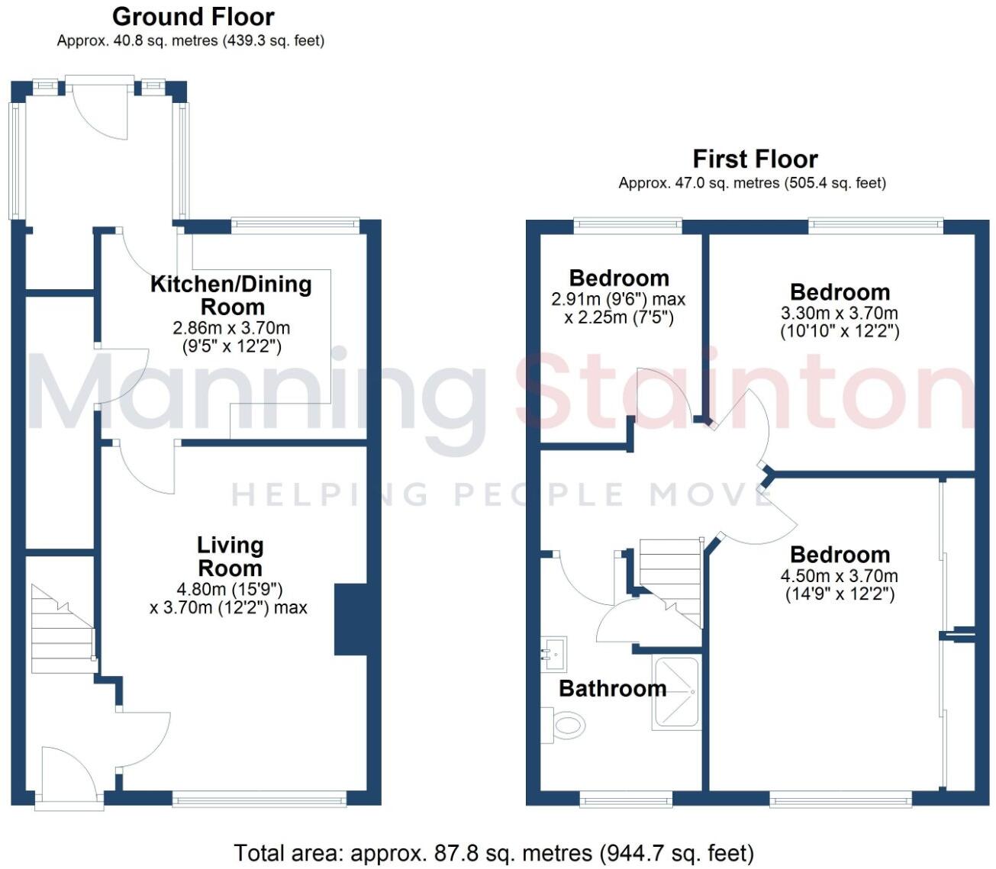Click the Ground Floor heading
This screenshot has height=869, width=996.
point(193,17)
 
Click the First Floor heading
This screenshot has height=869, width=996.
point(755,159)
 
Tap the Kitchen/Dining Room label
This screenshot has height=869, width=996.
point(231,295)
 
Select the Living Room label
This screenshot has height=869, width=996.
point(230,556)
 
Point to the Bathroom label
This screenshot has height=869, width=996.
point(612,688)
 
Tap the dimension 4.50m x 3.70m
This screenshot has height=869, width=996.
point(839,577)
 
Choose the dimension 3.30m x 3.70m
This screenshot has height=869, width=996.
point(839,314)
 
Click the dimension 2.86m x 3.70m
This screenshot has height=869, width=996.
point(231,329)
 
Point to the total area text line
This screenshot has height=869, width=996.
point(494,852)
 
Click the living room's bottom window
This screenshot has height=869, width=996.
point(259,799)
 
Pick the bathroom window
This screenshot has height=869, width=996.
point(626,799)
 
